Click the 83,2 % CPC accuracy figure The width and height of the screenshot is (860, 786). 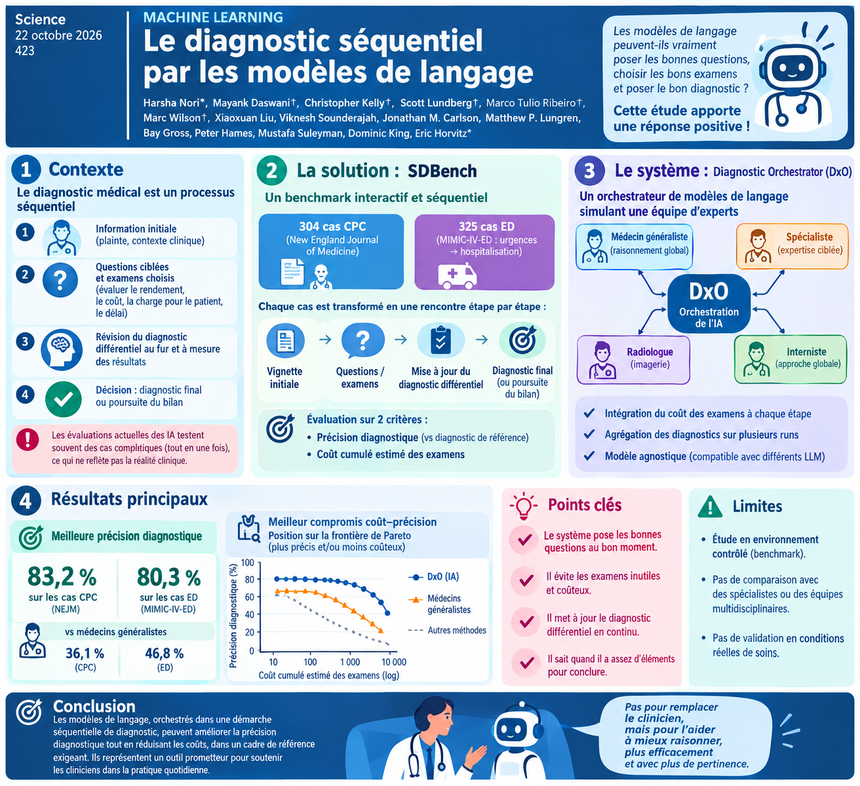click(62, 576)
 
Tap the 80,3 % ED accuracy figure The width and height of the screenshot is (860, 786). click(169, 577)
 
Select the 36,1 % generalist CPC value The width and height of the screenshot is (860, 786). click(85, 653)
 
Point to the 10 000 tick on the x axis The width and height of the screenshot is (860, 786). click(393, 661)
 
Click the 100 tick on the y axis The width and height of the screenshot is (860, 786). click(247, 562)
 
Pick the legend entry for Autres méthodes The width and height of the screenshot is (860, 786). click(447, 631)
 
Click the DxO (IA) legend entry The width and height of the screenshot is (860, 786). click(433, 577)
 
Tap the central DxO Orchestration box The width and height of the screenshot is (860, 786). click(709, 304)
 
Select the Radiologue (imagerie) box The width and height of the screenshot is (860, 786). click(633, 360)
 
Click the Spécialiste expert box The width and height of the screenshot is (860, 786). click(792, 246)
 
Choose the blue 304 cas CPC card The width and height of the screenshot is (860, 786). click(331, 252)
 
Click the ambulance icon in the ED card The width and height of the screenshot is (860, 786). click(457, 276)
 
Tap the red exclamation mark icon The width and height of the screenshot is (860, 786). click(28, 439)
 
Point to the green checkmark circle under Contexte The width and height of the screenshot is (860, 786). click(64, 399)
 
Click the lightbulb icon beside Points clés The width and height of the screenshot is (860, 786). click(524, 506)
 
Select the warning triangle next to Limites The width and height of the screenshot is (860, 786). click(710, 507)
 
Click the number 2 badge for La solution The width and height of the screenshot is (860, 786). click(271, 170)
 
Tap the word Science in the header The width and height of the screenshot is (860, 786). click(40, 19)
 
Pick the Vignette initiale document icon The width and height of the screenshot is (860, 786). click(286, 341)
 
